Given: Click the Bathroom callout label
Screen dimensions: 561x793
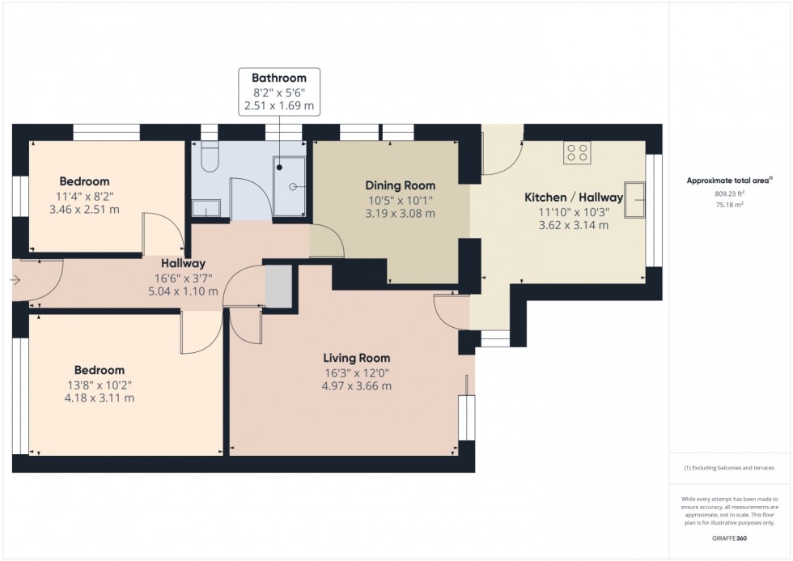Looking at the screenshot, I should tap(279, 78).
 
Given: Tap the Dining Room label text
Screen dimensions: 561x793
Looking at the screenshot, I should tap(400, 185).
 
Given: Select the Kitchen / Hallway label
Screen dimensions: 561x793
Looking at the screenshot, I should tap(574, 198).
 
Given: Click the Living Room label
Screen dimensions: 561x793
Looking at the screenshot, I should tap(356, 358).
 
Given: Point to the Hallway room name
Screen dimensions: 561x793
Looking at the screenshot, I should tap(182, 263).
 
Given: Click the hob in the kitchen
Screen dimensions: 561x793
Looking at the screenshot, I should tap(577, 152).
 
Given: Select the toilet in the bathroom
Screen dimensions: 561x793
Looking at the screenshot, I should tap(208, 158).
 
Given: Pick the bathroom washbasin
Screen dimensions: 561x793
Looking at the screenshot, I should tap(206, 210).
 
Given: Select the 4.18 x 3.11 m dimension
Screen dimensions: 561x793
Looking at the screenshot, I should tap(100, 398).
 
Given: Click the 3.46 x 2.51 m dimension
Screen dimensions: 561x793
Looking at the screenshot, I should tap(84, 210).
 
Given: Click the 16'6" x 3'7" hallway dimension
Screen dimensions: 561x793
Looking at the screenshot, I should tap(182, 277).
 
